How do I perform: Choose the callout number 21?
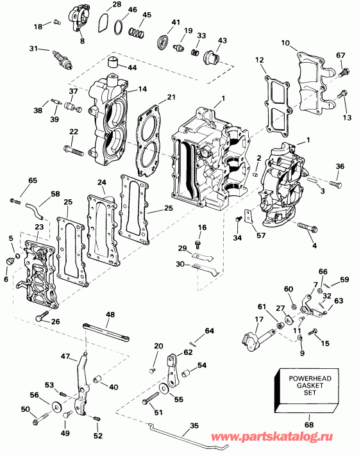click(x=171, y=97)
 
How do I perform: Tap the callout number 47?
click(x=65, y=355)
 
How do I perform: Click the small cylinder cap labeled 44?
click(x=115, y=63)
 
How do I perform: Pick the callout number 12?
click(x=260, y=60)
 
